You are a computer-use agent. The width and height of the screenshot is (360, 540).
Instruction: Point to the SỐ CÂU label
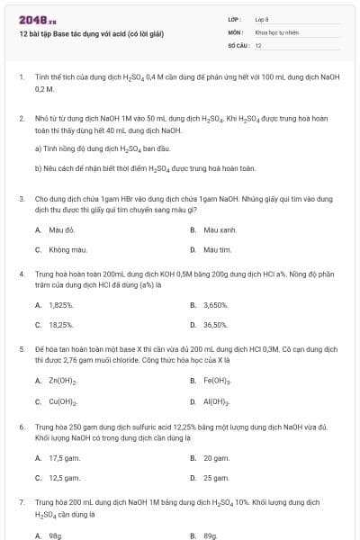click(237, 44)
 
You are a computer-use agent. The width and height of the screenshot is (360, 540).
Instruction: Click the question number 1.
click(21, 77)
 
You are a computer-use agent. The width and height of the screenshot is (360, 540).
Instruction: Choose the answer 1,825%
click(61, 305)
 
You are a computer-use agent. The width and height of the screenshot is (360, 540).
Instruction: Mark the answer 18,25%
click(61, 324)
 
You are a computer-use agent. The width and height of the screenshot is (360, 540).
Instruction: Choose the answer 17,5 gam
click(64, 457)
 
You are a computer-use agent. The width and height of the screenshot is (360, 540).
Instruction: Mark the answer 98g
click(55, 535)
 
